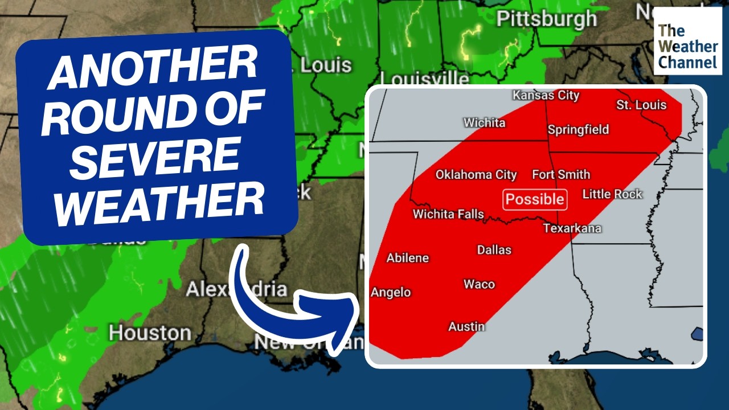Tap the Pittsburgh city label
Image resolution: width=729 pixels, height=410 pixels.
(546, 19)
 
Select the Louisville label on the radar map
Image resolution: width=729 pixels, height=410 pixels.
(424, 78)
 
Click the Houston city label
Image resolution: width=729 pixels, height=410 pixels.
(150, 333)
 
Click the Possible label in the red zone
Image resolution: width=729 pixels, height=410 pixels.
(535, 199)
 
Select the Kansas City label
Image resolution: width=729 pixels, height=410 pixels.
(546, 95)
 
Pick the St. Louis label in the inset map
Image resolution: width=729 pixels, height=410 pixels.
(641, 105)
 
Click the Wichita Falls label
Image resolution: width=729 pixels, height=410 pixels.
(448, 214)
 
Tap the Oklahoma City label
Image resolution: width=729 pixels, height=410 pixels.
(476, 175)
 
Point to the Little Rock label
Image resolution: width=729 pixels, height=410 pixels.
(612, 194)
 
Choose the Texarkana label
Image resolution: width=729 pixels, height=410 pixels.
(572, 228)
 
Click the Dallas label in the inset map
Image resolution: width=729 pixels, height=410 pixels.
(494, 249)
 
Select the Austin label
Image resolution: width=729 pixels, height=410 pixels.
(466, 326)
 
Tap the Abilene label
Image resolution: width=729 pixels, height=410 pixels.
(407, 258)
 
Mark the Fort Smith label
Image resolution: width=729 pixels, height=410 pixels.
(561, 174)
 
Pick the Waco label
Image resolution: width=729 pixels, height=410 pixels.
(479, 284)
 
